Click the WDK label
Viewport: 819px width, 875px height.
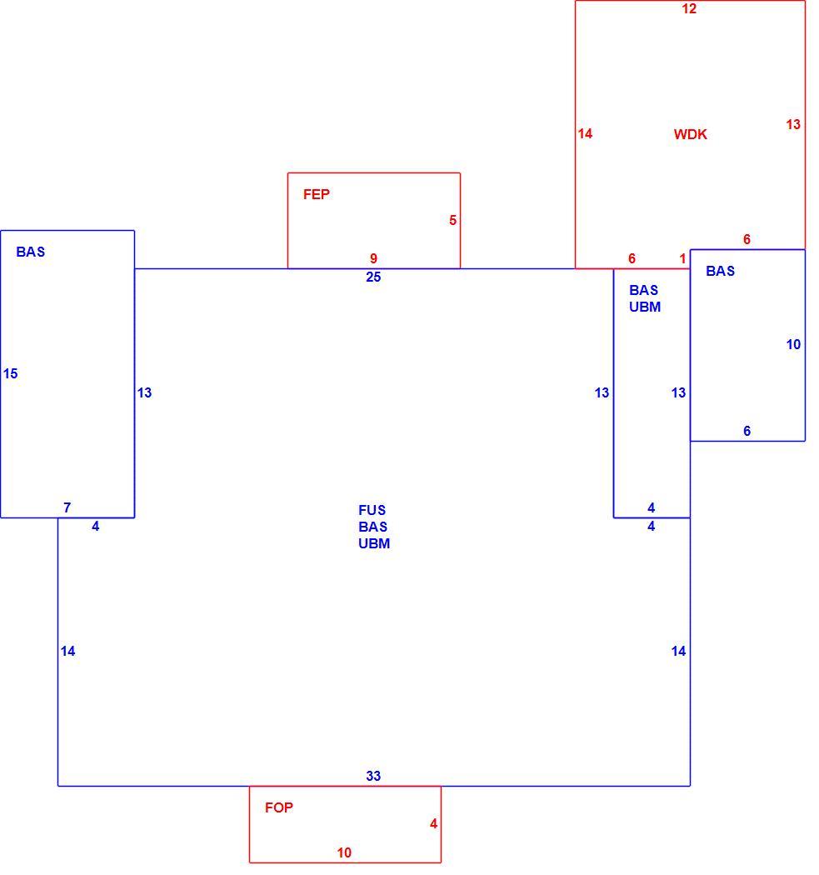690,134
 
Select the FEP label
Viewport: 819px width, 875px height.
317,194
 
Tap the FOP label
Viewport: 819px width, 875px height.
279,807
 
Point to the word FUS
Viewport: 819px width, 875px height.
372,510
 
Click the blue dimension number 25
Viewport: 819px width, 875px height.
373,277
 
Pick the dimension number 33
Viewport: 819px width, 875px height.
373,776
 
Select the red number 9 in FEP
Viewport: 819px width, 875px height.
373,258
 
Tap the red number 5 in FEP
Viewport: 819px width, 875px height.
452,221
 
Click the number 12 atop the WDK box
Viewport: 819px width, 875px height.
689,8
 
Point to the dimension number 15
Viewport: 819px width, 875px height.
11,374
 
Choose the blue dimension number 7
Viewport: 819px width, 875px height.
67,507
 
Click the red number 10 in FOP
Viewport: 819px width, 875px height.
344,852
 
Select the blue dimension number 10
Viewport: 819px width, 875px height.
793,345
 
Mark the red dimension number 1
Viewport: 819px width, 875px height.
682,258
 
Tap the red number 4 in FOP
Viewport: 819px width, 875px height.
433,823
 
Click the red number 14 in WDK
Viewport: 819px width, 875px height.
585,134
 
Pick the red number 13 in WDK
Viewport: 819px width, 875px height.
793,124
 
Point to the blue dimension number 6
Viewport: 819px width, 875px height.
747,431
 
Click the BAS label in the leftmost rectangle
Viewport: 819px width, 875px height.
31,252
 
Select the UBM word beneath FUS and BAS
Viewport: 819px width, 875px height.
374,543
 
